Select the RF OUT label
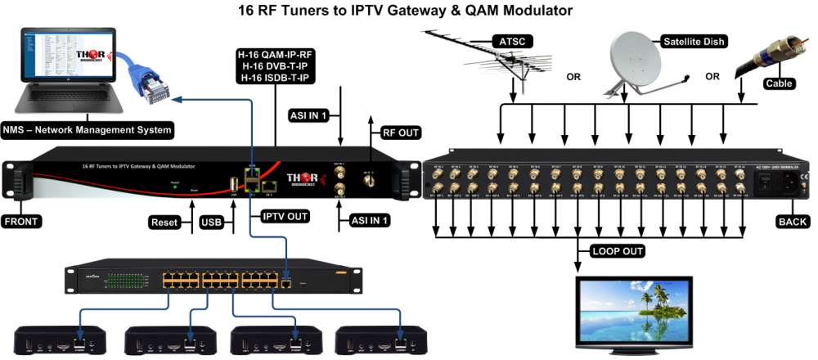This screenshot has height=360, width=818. pyautogui.click(x=401, y=132)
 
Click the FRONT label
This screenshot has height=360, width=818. pyautogui.click(x=22, y=222)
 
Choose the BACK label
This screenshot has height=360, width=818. pyautogui.click(x=791, y=222)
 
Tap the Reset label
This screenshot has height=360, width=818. pyautogui.click(x=164, y=222)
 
